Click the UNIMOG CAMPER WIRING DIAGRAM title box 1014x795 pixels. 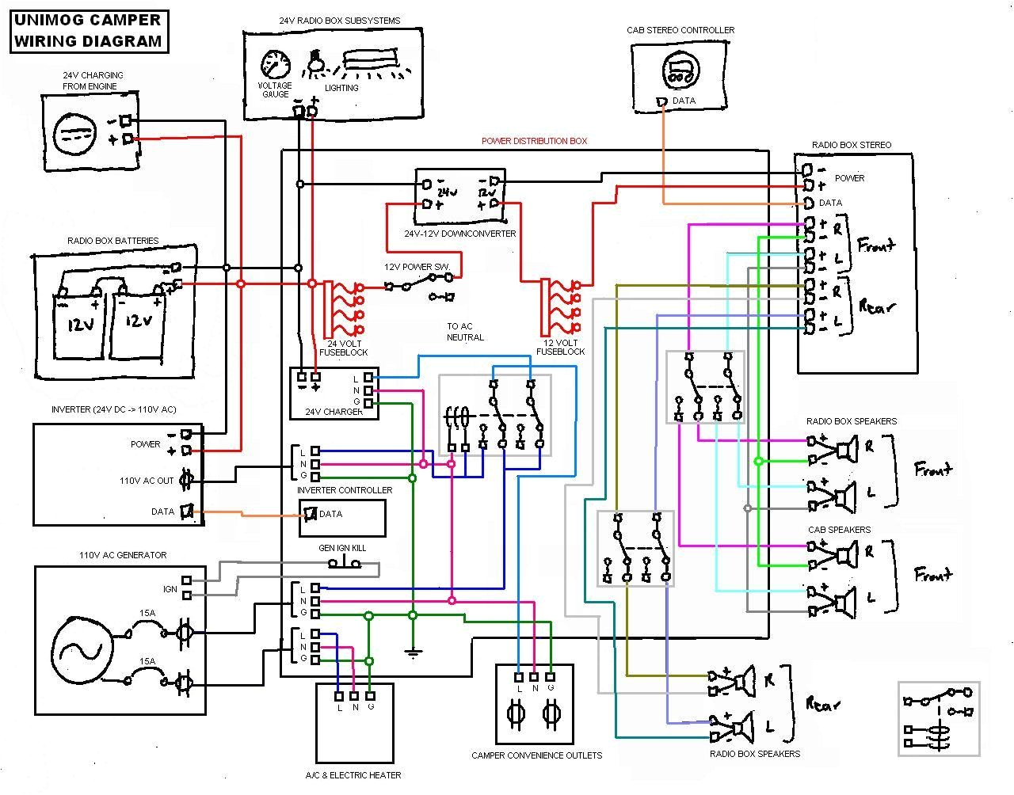coord(88,31)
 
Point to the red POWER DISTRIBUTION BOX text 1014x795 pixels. coord(535,141)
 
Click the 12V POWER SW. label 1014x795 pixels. coord(417,267)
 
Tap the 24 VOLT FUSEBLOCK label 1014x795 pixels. coord(343,348)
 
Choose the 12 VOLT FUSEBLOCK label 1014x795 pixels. coord(561,347)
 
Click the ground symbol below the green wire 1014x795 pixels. coord(412,653)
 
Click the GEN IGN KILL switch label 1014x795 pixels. coord(342,548)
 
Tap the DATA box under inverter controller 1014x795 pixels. coord(341,518)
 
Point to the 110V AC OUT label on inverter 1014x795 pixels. coord(147,481)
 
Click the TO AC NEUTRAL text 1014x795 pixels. coord(465,332)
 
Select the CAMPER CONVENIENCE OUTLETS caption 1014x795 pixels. coord(536,755)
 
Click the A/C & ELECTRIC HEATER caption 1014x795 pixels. coord(353,775)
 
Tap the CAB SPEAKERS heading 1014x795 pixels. coord(839,530)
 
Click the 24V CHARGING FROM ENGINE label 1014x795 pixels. coord(93,81)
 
